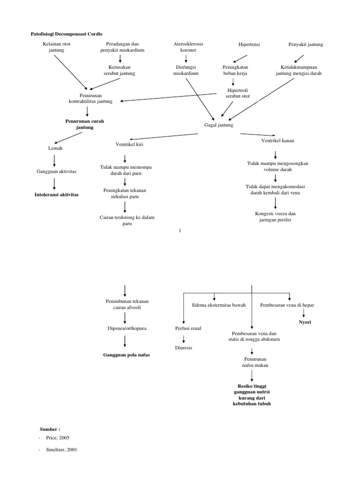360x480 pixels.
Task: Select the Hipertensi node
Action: point(249,45)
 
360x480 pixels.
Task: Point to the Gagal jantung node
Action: point(218,125)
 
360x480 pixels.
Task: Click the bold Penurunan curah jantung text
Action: point(84,124)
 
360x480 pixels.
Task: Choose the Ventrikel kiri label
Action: point(129,144)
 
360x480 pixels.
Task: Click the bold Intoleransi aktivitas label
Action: point(57,194)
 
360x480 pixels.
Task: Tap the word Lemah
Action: point(55,148)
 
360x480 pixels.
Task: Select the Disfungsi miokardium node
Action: point(186,70)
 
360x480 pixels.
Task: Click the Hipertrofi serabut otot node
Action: point(238,93)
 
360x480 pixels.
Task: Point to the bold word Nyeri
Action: point(305,322)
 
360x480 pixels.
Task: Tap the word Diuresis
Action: point(183,348)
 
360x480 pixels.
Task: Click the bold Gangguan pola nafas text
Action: point(127,355)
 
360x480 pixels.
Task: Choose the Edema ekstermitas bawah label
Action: point(219,305)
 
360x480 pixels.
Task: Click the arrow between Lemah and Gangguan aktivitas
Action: point(55,160)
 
